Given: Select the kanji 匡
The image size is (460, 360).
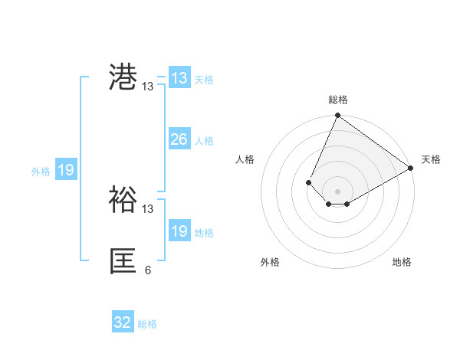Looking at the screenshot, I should (123, 261).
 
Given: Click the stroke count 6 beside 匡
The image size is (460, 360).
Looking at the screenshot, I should (148, 270).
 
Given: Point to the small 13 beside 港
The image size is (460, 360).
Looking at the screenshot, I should (148, 87).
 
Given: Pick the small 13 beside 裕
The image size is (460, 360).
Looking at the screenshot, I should (148, 208).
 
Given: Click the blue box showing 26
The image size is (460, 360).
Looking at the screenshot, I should (179, 139).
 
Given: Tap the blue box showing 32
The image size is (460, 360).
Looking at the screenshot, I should (123, 322).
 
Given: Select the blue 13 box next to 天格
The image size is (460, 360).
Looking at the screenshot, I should (179, 78).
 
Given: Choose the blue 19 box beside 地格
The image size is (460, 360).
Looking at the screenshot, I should (179, 231).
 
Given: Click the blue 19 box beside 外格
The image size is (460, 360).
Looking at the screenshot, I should (66, 170).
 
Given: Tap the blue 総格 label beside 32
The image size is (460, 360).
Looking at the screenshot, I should (147, 324).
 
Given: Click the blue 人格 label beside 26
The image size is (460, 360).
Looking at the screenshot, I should (204, 141).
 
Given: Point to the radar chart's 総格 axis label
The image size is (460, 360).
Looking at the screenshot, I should (337, 100).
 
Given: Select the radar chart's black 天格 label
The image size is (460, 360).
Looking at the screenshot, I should (431, 159).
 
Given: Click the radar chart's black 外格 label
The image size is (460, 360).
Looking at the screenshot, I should (270, 262).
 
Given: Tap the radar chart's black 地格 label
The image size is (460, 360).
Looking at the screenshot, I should (402, 262).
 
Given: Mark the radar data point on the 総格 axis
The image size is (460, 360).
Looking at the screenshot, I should (337, 116).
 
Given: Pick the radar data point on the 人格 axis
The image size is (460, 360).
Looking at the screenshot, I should (308, 182).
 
